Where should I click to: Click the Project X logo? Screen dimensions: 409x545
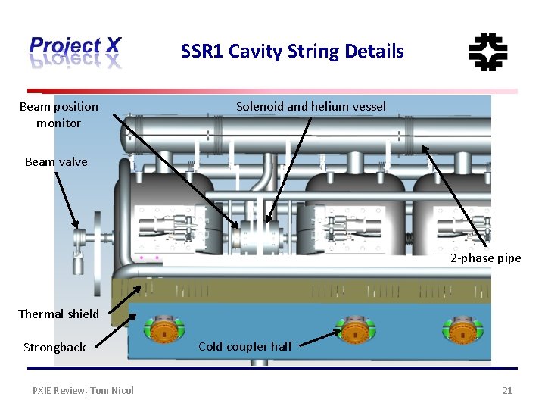click(x=75, y=52)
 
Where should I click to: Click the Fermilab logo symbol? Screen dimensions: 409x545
click(x=487, y=52)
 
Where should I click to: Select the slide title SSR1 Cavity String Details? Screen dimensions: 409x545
click(x=292, y=52)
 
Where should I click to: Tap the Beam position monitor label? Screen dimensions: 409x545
click(x=58, y=114)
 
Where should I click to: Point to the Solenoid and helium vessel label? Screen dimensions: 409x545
click(x=310, y=107)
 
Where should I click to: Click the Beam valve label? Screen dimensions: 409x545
click(x=56, y=161)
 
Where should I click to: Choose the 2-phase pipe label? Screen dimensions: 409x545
click(x=485, y=258)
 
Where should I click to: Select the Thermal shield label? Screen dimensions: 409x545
click(x=58, y=314)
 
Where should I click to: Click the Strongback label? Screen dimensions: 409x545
click(x=54, y=347)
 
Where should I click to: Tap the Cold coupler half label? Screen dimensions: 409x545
click(x=245, y=346)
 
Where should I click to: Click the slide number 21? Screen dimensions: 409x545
click(x=507, y=390)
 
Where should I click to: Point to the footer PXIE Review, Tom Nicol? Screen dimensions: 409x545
click(x=83, y=390)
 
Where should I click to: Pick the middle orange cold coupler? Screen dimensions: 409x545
click(x=353, y=330)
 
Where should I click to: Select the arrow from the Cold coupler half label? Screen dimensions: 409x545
click(x=316, y=339)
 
